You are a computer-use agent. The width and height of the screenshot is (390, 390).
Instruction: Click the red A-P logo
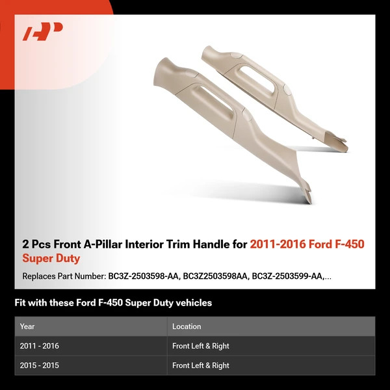(43, 31)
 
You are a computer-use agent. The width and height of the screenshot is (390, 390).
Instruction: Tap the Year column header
(27, 326)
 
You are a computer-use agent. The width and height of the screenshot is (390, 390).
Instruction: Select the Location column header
(187, 326)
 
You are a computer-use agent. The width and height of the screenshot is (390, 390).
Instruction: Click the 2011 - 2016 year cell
(40, 346)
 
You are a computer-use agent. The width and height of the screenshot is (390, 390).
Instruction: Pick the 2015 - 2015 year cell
(40, 365)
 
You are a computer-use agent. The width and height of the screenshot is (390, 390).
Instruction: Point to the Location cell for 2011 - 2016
(201, 346)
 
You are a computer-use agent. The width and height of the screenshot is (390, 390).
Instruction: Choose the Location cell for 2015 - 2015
(201, 365)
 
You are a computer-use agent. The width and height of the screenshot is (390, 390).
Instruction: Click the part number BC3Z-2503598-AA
(141, 276)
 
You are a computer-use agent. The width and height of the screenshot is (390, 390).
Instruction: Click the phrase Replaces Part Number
(62, 276)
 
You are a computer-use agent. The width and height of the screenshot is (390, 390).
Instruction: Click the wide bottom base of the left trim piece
(305, 192)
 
